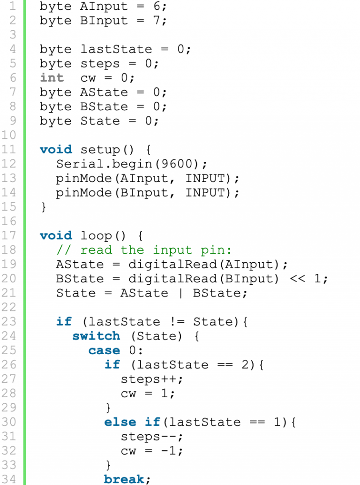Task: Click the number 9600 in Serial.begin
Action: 177,164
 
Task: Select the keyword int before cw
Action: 52,78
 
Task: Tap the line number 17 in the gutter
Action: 8,235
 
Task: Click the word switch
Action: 96,336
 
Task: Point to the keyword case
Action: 104,350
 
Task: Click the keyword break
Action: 124,479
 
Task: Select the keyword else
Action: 120,422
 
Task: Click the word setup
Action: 100,150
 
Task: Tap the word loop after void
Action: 96,235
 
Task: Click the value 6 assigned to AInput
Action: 157,6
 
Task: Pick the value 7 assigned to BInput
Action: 157,21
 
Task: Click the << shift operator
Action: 298,279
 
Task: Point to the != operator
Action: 177,322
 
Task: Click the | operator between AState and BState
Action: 181,293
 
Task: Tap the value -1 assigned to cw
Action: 168,451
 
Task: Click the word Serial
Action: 80,164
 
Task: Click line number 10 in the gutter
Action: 8,135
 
